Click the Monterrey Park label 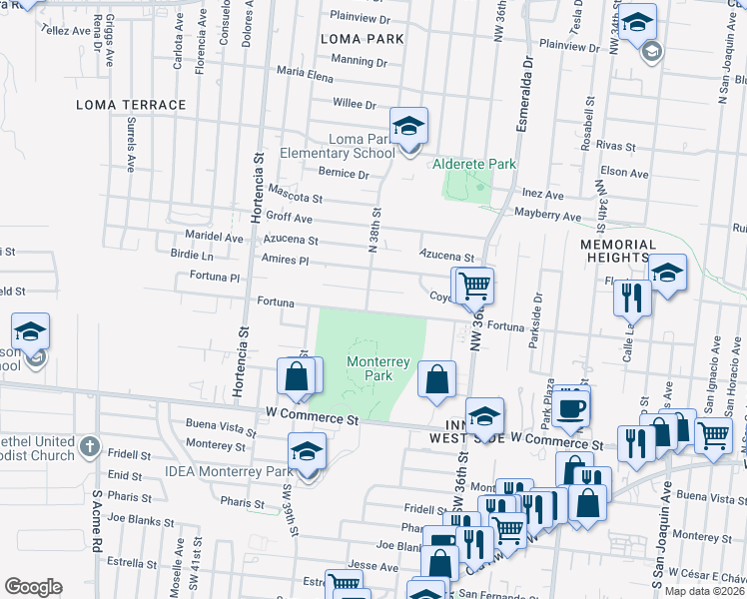(369, 368)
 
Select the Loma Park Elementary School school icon (407, 128)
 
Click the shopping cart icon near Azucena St (474, 287)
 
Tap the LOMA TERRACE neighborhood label (132, 105)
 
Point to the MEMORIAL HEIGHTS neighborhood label (618, 251)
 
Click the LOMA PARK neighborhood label (362, 39)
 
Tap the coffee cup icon (572, 408)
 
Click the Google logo (33, 587)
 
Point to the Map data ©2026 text (704, 591)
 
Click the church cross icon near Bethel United (90, 445)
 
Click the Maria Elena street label (305, 73)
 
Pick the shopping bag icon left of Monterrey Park (296, 377)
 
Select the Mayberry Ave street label (547, 216)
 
